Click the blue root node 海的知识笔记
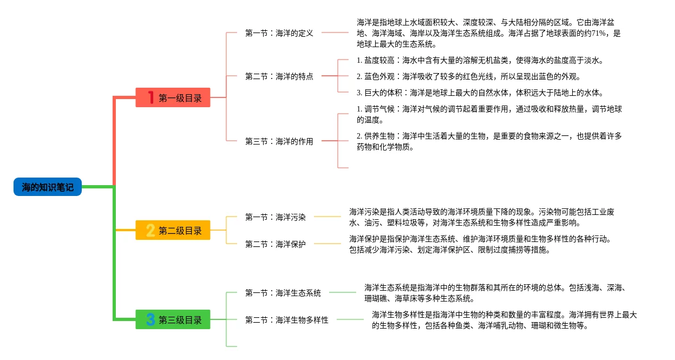(48, 187)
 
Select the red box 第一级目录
(173, 98)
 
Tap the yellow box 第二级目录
(173, 231)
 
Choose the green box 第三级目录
(173, 320)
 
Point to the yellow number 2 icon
(150, 231)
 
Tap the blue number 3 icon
(150, 320)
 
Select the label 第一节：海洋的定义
(279, 33)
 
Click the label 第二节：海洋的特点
(279, 76)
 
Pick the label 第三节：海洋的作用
(279, 141)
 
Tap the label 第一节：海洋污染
(276, 217)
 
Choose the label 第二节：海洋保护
(276, 244)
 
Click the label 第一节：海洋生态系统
(283, 293)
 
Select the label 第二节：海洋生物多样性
(287, 320)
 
